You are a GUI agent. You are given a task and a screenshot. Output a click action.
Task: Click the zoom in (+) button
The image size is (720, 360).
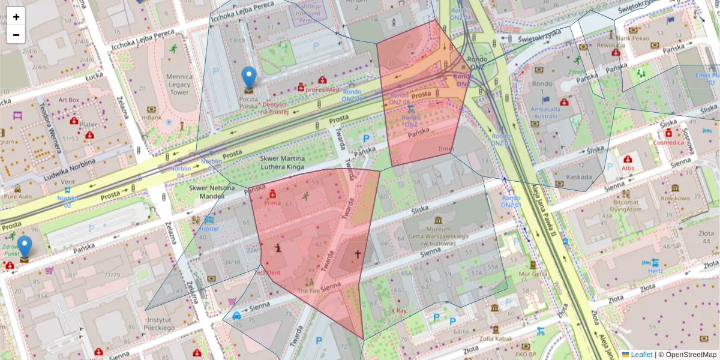[16, 17]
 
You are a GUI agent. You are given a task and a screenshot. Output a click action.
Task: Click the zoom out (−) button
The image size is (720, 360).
[16, 35]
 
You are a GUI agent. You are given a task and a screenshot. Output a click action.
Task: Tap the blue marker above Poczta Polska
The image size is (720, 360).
[248, 78]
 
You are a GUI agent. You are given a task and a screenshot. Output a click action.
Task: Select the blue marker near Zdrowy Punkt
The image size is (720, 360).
[25, 246]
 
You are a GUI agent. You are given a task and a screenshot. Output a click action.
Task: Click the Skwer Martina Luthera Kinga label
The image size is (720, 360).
[282, 163]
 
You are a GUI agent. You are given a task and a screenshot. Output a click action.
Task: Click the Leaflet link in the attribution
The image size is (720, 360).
[641, 355]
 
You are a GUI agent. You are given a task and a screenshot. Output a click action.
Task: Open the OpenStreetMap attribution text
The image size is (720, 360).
[687, 355]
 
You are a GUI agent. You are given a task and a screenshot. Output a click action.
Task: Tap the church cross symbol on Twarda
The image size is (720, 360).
[358, 254]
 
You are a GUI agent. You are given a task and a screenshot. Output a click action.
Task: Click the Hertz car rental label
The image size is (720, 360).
[655, 270]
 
